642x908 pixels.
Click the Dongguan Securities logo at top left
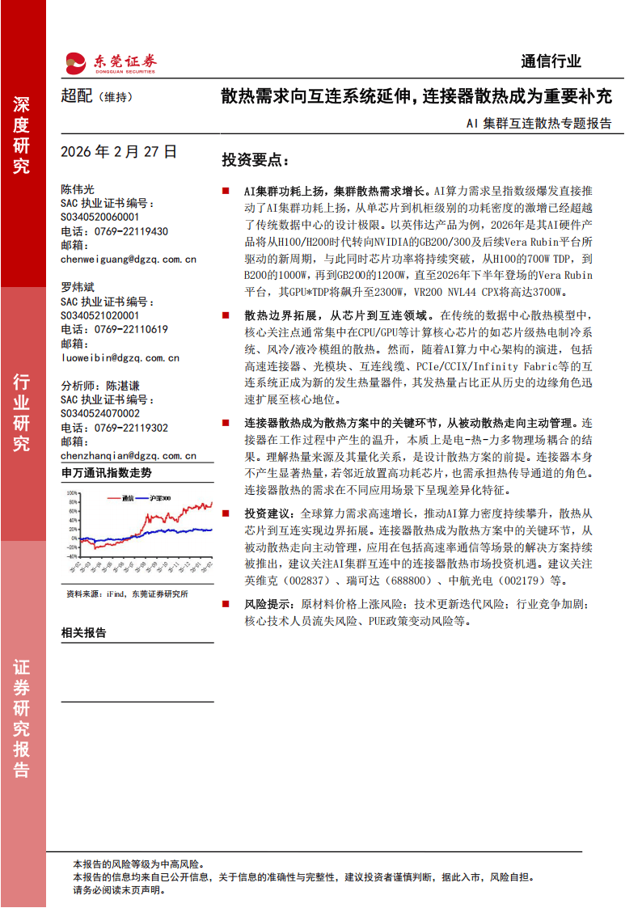coord(110,61)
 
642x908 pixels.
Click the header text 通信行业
coord(551,61)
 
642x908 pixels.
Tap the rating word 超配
coord(78,96)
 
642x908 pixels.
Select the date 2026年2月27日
coord(118,151)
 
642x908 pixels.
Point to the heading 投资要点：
coord(256,159)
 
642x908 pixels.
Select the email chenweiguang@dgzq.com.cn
coord(128,260)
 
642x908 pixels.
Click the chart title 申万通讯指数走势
coord(106,473)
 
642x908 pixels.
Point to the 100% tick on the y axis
coord(72,492)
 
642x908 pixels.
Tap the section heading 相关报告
coord(83,633)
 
